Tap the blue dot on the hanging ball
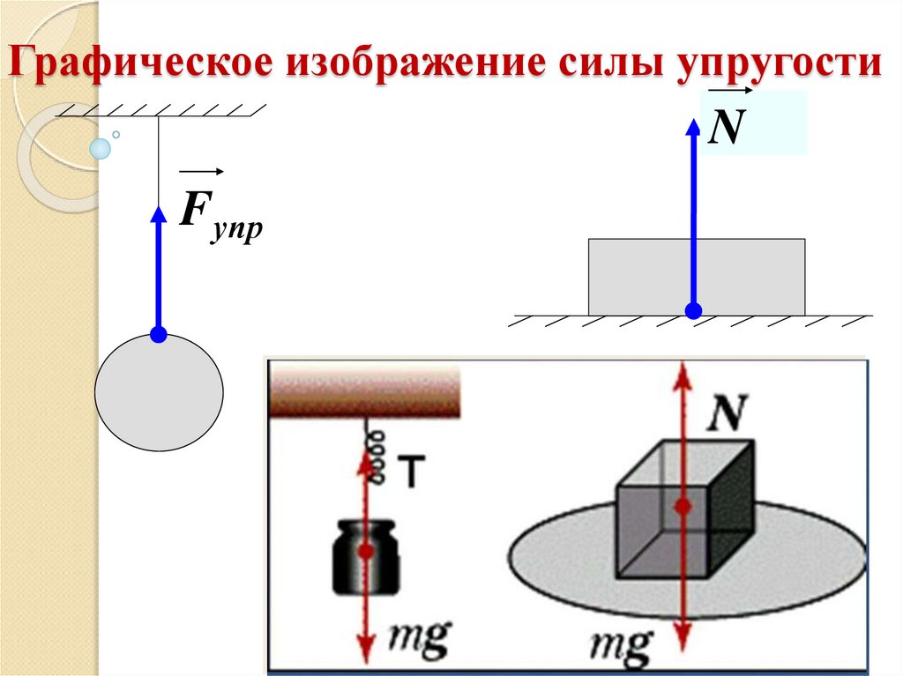point(159,334)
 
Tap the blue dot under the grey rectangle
point(694,310)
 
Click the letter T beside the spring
point(411,474)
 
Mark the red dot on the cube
point(682,506)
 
